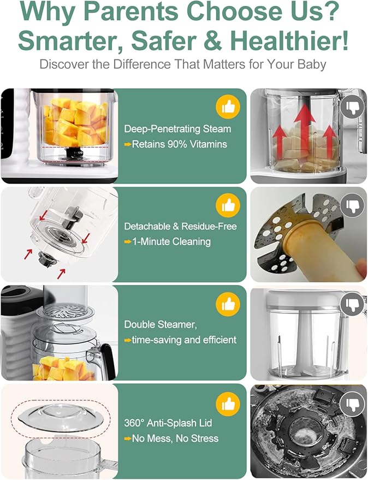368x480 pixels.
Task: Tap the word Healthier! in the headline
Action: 289,41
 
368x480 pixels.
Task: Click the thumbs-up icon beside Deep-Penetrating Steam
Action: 228,107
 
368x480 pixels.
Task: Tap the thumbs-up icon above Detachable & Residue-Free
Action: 228,205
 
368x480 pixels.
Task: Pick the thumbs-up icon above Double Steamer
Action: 228,304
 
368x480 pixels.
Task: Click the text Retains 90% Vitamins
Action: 179,145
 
